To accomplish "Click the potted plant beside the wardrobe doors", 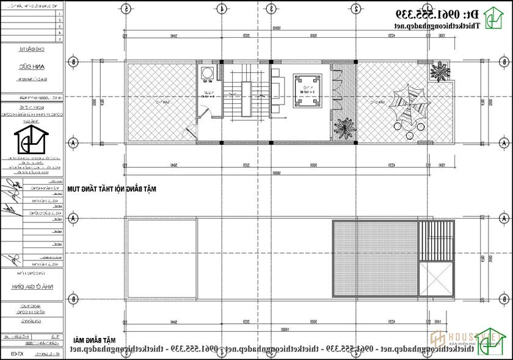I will coord(343,127).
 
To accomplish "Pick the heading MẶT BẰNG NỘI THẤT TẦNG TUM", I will coord(113,190).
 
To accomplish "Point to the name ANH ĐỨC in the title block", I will coord(31,69).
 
